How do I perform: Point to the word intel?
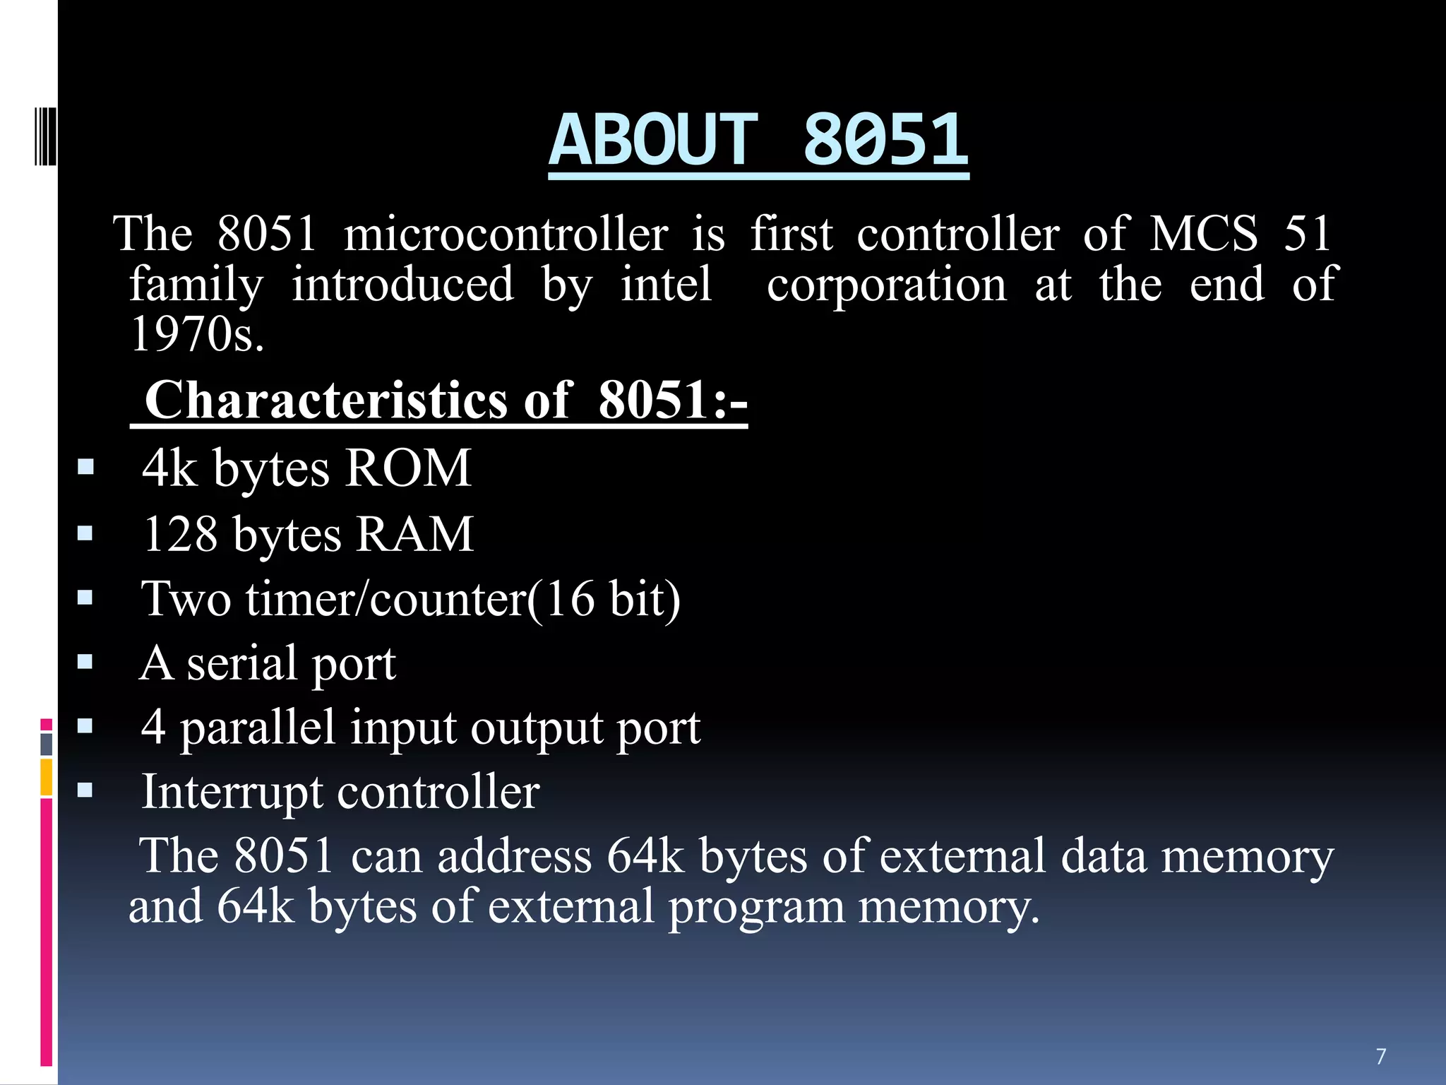666,284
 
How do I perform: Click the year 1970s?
198,333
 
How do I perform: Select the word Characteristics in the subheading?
325,400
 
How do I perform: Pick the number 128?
181,534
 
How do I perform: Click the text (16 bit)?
604,599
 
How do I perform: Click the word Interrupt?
232,792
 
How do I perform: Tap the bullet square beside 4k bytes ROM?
85,467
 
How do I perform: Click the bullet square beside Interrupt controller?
85,790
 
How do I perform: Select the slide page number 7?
1381,1056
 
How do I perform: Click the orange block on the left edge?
46,777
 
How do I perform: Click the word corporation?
887,284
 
